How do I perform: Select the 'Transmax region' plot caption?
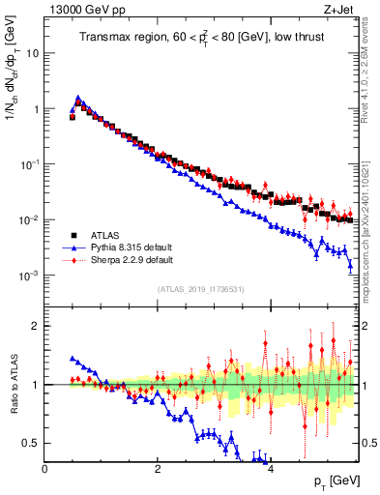click(200, 38)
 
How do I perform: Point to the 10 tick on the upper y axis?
click(32, 53)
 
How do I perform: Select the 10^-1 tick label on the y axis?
click(29, 164)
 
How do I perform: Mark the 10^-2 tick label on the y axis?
click(29, 220)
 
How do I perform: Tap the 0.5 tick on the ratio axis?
click(31, 443)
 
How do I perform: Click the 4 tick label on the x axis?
click(270, 468)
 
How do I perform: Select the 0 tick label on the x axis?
click(44, 468)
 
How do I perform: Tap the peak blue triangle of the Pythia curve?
click(78, 97)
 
